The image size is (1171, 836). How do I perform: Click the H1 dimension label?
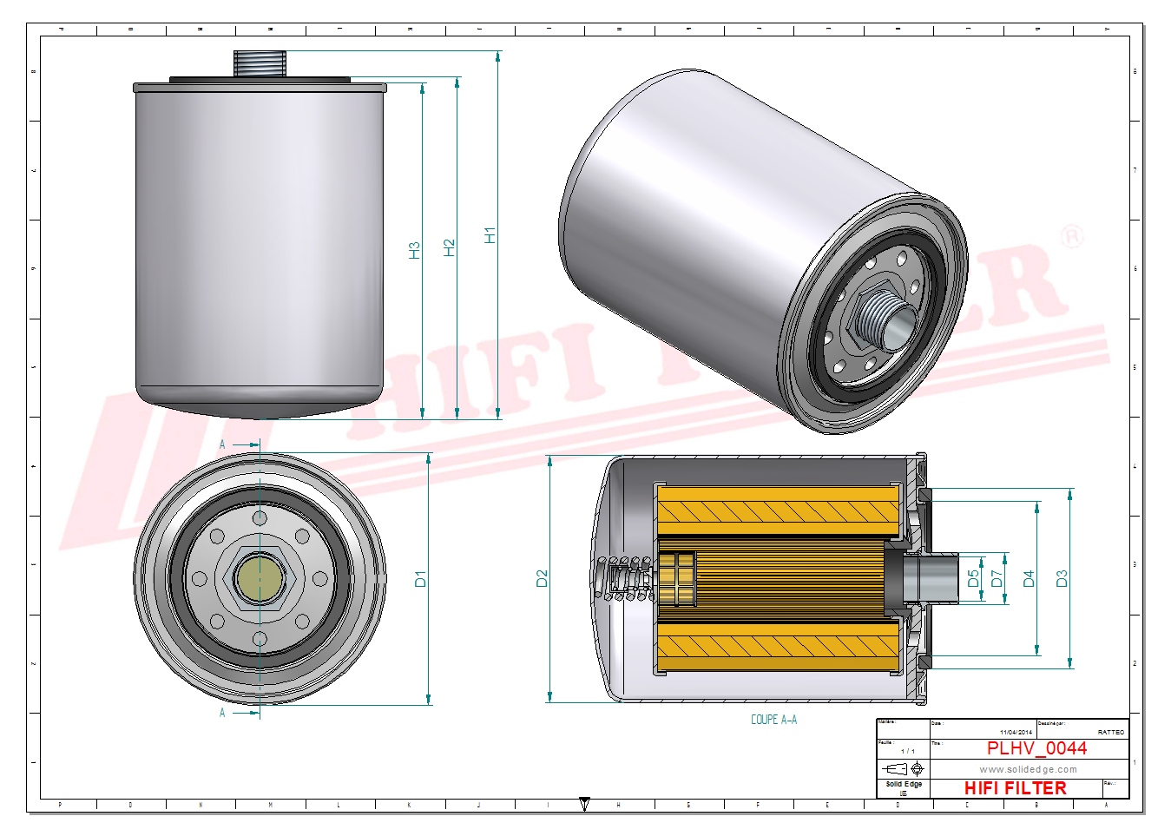click(490, 235)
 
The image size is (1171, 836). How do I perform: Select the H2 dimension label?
click(449, 247)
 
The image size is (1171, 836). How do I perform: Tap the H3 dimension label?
click(414, 250)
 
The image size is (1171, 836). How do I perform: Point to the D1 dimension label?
click(420, 579)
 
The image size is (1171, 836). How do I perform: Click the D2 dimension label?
click(542, 579)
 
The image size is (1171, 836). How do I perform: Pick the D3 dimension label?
click(1061, 579)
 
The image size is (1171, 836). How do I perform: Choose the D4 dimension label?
click(1029, 579)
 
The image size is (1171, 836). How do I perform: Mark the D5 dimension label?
click(973, 577)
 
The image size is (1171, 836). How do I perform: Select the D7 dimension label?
click(997, 577)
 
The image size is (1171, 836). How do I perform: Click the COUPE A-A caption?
click(773, 720)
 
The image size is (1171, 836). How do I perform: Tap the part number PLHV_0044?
click(1036, 748)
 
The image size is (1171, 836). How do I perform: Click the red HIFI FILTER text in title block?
click(1015, 788)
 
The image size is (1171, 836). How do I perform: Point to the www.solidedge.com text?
click(1028, 769)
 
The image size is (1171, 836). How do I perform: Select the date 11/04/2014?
click(1016, 733)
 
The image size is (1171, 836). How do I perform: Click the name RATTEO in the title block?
click(1110, 733)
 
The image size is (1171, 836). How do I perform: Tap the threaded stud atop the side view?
click(260, 63)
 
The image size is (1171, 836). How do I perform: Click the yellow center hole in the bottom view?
click(260, 577)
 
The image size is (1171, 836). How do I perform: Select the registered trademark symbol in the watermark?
click(1072, 236)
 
